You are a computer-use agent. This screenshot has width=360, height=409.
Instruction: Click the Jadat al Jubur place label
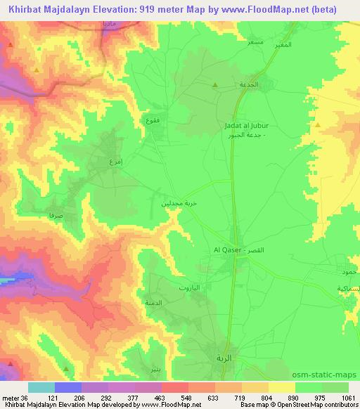point(246,126)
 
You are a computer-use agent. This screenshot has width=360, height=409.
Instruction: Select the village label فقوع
point(151,120)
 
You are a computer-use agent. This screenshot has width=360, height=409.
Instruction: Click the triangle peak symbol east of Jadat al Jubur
point(318,125)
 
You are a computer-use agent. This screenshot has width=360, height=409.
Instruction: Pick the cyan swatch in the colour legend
point(41,387)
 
